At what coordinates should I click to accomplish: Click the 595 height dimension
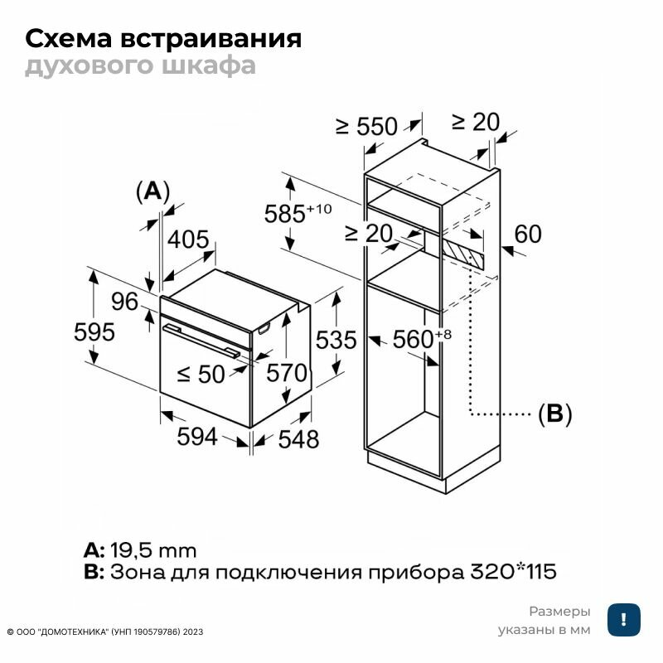click(94, 331)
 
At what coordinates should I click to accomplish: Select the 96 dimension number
click(125, 302)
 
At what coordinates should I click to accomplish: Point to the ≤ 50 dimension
click(201, 375)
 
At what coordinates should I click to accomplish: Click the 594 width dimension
click(197, 436)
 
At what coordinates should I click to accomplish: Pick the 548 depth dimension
click(298, 440)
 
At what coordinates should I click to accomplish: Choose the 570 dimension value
click(288, 373)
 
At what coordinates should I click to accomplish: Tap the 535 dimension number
click(336, 340)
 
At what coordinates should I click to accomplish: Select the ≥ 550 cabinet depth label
click(367, 126)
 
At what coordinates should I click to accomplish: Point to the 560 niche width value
click(414, 338)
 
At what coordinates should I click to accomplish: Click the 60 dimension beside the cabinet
click(527, 235)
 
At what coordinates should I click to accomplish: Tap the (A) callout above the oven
click(152, 191)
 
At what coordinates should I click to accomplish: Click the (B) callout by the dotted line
click(555, 414)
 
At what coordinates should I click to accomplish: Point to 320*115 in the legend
click(514, 572)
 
